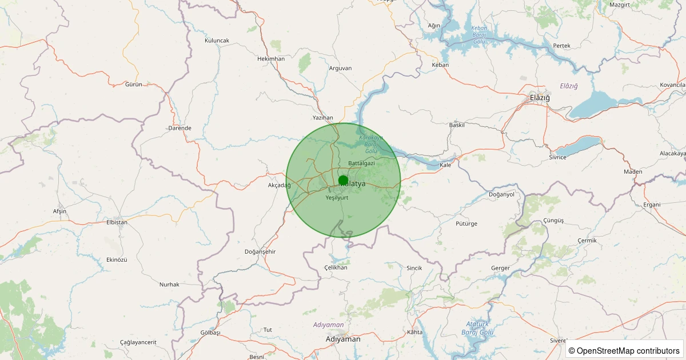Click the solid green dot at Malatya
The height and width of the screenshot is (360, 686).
343,181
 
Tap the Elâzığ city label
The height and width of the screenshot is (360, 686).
540,98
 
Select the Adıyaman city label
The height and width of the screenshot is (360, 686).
343,339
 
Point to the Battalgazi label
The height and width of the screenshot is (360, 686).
361,163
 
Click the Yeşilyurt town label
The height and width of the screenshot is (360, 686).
337,198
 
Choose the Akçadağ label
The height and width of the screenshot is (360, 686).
280,185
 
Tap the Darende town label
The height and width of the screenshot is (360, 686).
180,128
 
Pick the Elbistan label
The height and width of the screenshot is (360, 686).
117,222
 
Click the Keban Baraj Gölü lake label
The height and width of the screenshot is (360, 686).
479,35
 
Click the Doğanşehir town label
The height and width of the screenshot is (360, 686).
260,252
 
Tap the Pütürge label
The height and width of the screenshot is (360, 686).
466,223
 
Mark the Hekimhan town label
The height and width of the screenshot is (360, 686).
271,59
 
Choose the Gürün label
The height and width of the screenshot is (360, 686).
133,85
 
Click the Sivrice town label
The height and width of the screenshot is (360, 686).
557,157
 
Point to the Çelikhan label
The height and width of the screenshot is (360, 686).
336,267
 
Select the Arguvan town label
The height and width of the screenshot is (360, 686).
341,68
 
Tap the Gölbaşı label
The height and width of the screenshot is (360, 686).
210,333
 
